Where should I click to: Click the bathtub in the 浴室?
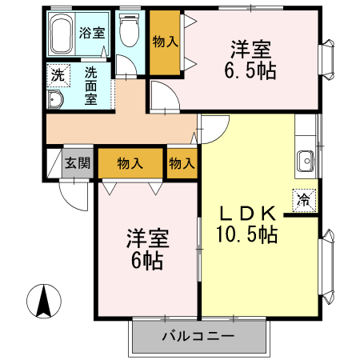(x=62, y=34)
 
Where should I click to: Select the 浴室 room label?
(x=92, y=34)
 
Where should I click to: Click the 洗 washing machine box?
(x=57, y=77)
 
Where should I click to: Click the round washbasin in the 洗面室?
(x=55, y=100)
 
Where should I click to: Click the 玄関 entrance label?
(x=78, y=164)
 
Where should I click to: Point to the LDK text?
(x=249, y=214)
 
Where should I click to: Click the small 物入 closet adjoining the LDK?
(x=182, y=163)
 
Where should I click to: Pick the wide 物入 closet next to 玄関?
(x=130, y=163)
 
